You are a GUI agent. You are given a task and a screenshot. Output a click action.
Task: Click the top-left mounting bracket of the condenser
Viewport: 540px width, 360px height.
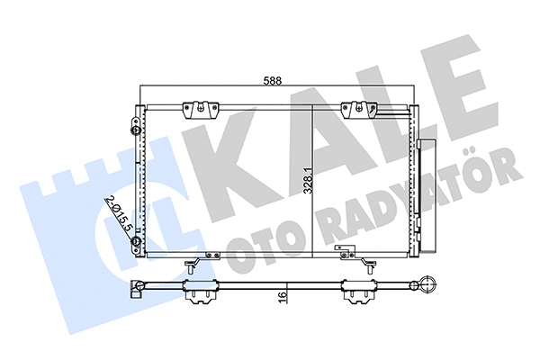[201, 110]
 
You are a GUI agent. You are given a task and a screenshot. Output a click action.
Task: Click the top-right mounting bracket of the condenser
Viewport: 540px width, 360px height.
[357, 110]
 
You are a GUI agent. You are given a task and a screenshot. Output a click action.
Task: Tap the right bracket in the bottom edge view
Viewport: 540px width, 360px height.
[359, 291]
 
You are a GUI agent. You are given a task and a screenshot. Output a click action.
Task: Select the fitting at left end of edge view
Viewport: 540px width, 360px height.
[138, 289]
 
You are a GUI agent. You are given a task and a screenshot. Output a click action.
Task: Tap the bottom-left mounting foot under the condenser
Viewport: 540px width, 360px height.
[193, 265]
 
